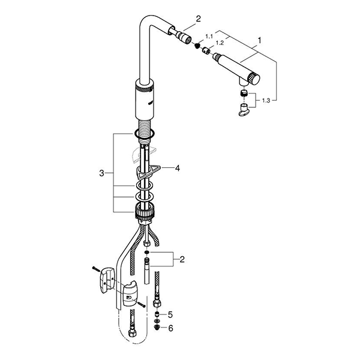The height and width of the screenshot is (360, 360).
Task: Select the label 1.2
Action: click(x=220, y=44)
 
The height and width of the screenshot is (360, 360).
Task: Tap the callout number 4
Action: click(x=177, y=169)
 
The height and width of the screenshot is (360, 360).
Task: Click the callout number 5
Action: click(x=170, y=314)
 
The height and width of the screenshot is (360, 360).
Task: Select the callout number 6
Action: click(x=170, y=328)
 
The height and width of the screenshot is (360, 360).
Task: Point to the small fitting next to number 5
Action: click(x=158, y=314)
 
